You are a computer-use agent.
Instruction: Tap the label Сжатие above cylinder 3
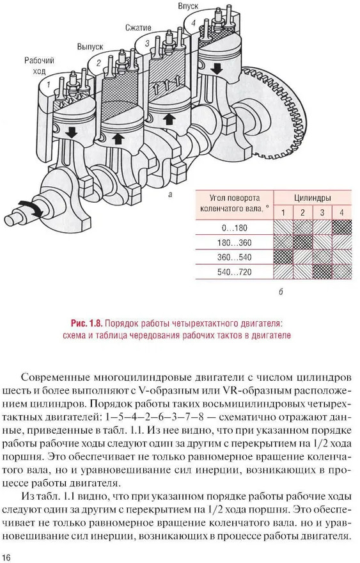(138, 28)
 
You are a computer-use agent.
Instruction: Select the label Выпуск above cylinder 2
(90, 47)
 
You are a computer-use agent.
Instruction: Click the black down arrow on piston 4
(216, 68)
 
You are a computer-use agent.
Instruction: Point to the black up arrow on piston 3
(169, 119)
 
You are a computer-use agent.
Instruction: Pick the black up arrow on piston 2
(118, 138)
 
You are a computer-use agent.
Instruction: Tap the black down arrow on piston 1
(72, 132)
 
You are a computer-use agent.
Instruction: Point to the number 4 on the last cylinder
(194, 22)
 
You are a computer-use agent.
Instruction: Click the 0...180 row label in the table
(235, 228)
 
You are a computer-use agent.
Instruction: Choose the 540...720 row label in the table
(235, 272)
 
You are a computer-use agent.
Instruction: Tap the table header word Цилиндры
(313, 198)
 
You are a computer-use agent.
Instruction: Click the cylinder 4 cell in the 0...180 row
(341, 228)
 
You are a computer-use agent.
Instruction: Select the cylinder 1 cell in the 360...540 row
(283, 257)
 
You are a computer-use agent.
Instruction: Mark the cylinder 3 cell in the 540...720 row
(322, 272)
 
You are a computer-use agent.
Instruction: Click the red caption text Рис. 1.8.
(86, 323)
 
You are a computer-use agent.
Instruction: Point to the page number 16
(7, 557)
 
